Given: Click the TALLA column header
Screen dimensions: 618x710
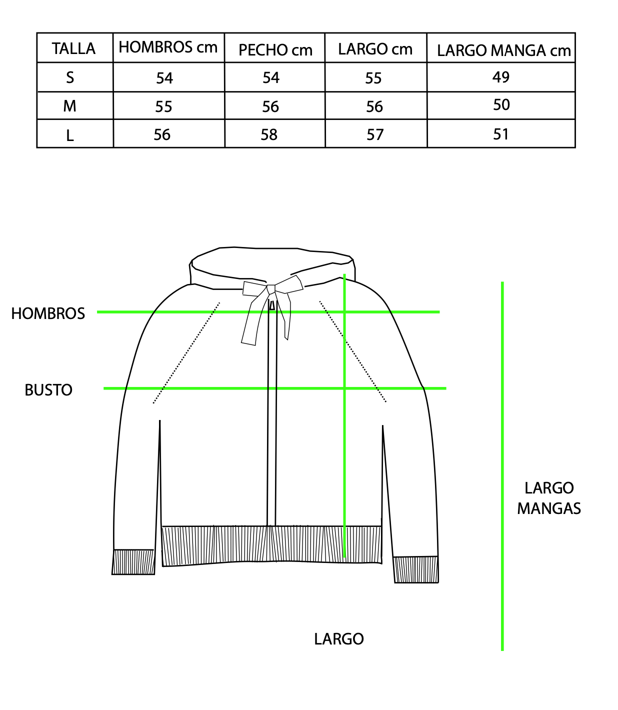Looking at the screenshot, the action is point(73,48).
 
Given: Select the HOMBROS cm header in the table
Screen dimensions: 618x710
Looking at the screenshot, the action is point(168,47).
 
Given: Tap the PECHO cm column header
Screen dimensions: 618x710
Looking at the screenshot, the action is point(275,50).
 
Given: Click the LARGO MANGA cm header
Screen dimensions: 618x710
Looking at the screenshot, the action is point(504,50).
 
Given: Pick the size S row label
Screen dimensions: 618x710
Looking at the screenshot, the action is point(70,77).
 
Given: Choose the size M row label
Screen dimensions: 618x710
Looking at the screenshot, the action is point(69,106).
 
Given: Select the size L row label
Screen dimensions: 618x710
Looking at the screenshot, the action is point(70,135).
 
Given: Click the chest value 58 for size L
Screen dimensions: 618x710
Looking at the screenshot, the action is point(269,134).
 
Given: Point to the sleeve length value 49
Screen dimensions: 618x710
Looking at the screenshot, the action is point(501,77).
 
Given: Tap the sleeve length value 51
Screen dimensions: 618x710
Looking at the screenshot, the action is point(500,134).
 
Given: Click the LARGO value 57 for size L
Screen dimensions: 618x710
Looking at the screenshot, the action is point(375,134).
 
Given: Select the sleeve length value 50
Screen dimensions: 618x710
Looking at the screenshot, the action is point(501,105).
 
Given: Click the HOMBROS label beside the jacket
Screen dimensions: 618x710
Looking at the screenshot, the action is point(48,313).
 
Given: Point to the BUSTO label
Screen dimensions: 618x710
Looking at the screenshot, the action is point(48,390).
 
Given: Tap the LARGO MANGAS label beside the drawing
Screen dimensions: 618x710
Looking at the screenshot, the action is point(549,498).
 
